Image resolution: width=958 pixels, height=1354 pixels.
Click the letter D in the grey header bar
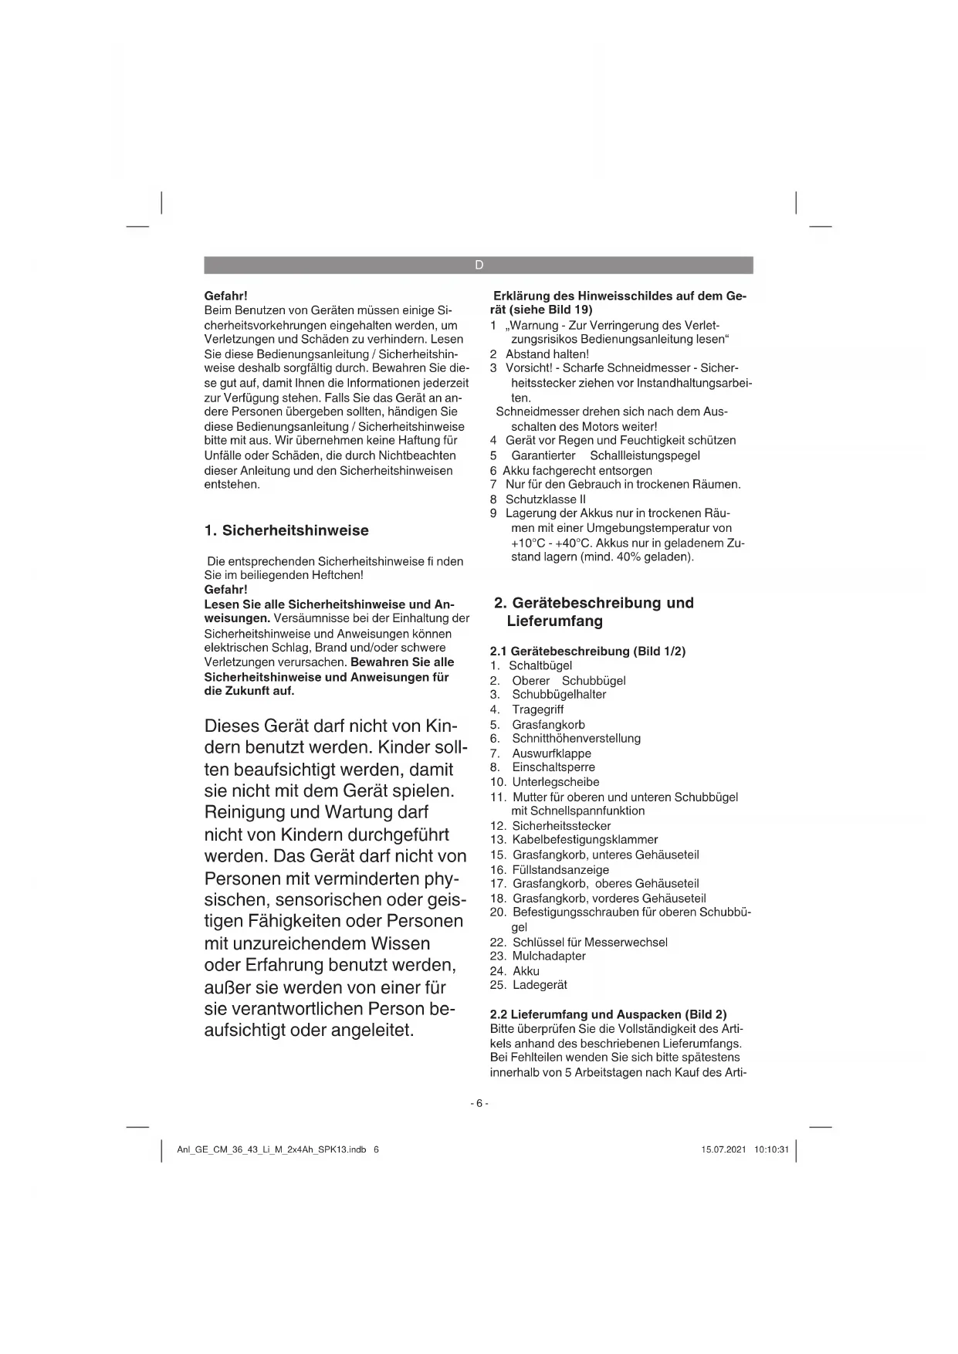pyautogui.click(x=479, y=265)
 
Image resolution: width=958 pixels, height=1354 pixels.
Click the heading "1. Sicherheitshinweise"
pyautogui.click(x=286, y=530)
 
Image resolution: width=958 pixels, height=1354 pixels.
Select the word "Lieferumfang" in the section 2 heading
pyautogui.click(x=554, y=621)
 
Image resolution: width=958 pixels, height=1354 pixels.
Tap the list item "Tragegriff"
pyautogui.click(x=537, y=709)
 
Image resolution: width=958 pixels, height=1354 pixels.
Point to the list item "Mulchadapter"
pyautogui.click(x=548, y=956)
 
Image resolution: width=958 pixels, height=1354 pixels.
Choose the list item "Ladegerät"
pyautogui.click(x=540, y=985)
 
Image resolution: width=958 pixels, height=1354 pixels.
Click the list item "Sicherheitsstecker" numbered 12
pyautogui.click(x=561, y=826)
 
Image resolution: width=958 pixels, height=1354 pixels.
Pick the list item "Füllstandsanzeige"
pyautogui.click(x=560, y=870)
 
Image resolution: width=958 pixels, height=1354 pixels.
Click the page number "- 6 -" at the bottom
pyautogui.click(x=479, y=1103)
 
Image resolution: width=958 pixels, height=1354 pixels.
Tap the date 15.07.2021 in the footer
pyautogui.click(x=723, y=1149)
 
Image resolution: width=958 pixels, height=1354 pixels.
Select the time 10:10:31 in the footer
pyautogui.click(x=772, y=1149)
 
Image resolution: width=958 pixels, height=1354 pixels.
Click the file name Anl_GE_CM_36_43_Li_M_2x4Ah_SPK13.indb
pyautogui.click(x=271, y=1149)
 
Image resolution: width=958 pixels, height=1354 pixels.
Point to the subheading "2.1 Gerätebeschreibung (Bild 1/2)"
pyautogui.click(x=587, y=652)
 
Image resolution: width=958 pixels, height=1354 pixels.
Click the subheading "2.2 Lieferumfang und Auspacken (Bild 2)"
pyautogui.click(x=608, y=1014)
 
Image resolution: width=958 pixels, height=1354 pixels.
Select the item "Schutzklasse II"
pyautogui.click(x=545, y=499)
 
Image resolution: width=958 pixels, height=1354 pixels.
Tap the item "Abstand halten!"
pyautogui.click(x=547, y=354)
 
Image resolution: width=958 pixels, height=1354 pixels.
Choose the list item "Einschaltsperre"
pyautogui.click(x=553, y=767)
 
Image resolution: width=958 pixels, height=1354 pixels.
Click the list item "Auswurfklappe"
pyautogui.click(x=551, y=753)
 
